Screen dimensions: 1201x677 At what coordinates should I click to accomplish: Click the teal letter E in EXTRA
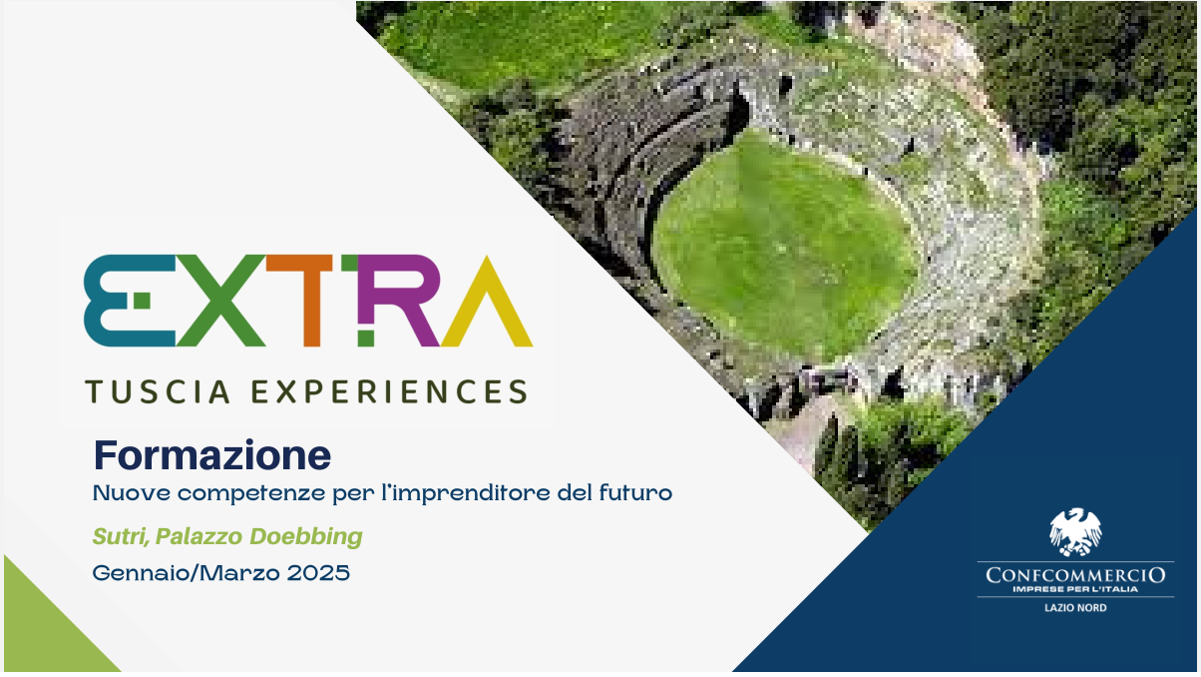(108, 301)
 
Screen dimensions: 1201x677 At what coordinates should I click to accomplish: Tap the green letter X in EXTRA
(221, 301)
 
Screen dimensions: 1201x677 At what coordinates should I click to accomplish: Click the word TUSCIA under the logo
(158, 391)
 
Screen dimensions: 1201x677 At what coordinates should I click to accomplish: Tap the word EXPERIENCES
(390, 391)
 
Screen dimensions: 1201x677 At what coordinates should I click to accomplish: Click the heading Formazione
(212, 454)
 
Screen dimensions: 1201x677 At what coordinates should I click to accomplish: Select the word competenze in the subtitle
(251, 493)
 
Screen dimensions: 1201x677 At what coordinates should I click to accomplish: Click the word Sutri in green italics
(121, 536)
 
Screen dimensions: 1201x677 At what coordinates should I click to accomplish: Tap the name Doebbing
(306, 536)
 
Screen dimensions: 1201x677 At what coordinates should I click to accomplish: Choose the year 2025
(318, 573)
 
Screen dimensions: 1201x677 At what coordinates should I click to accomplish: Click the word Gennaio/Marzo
(187, 573)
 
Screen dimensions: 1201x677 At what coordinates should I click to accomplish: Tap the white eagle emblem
(1075, 531)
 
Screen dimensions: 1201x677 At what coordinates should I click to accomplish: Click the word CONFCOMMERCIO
(1075, 575)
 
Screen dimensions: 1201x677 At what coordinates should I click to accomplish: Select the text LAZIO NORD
(1075, 608)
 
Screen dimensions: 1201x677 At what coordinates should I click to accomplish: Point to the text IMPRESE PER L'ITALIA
(1075, 589)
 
